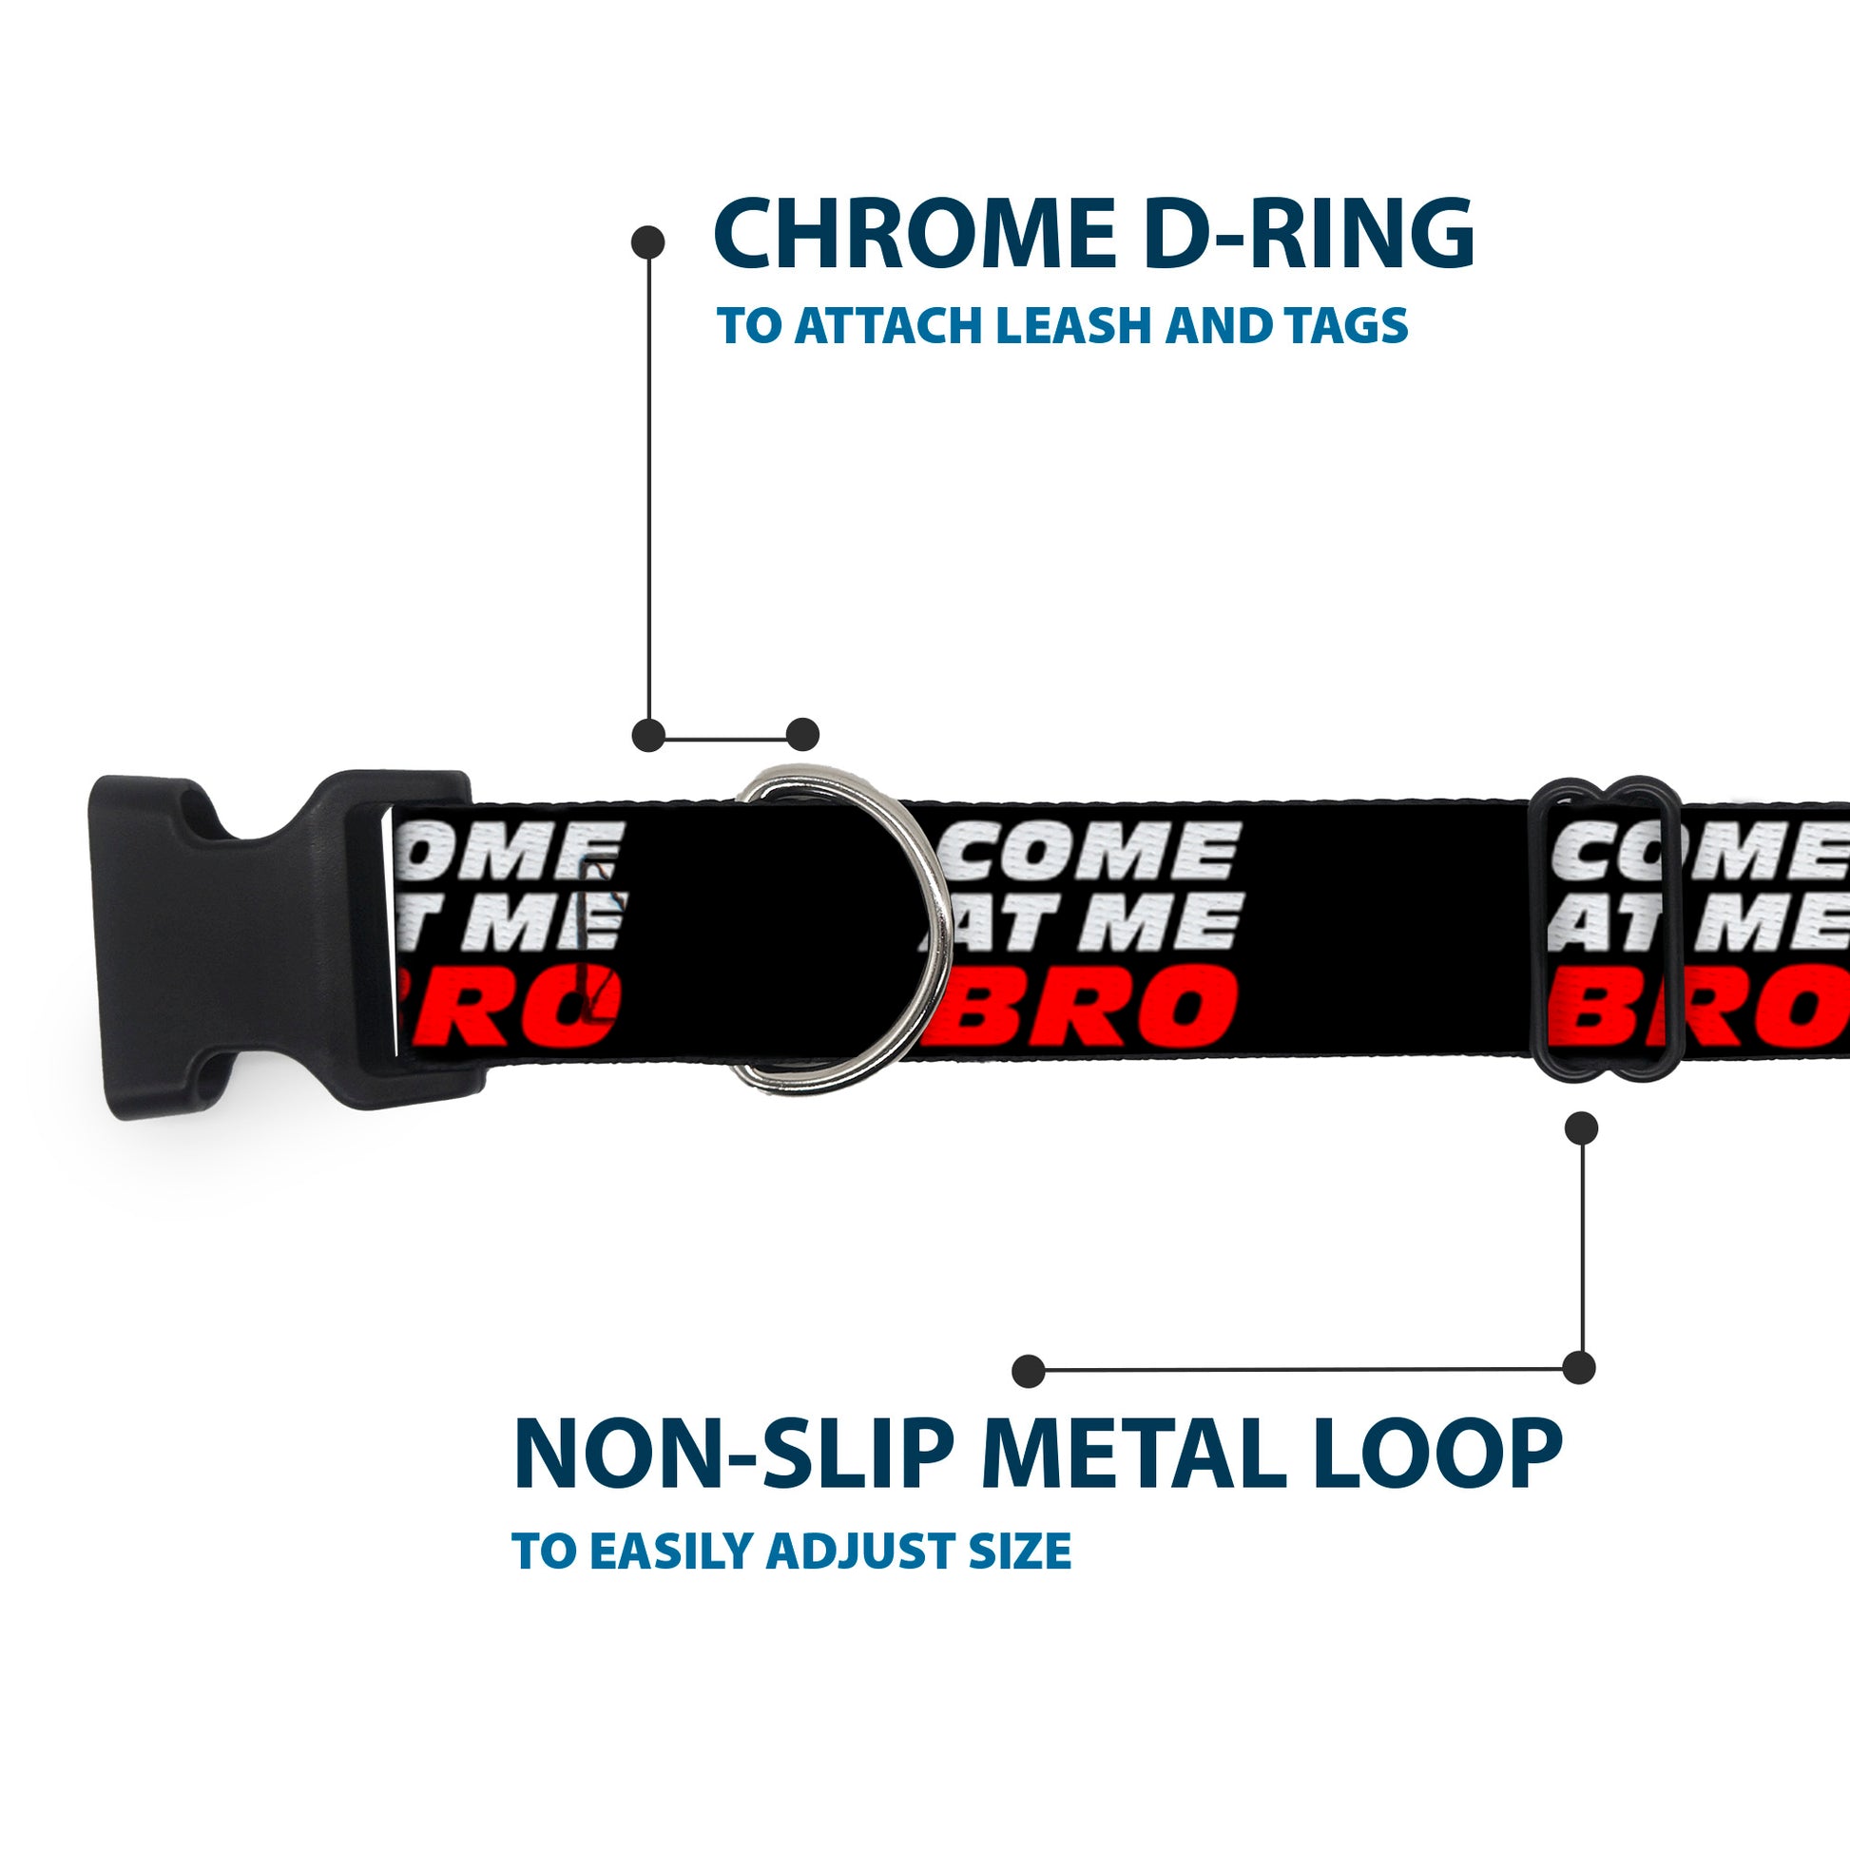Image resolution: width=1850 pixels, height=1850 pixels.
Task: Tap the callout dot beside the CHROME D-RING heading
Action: click(x=648, y=242)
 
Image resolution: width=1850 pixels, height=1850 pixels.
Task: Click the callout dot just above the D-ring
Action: click(x=802, y=735)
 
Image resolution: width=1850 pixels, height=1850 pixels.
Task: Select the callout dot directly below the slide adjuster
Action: click(x=1581, y=1128)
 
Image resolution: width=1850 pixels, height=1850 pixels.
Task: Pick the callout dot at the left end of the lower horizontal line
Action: click(x=1029, y=1370)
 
